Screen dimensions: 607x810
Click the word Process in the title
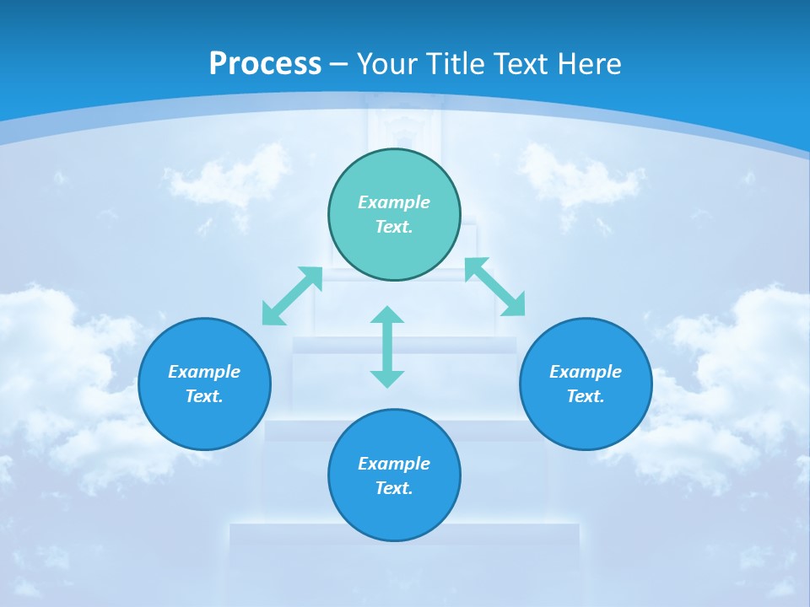[265, 64]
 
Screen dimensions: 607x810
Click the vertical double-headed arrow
[387, 346]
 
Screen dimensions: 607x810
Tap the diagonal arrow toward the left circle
[292, 296]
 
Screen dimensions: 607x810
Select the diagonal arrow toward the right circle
[495, 287]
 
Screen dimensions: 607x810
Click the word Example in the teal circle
[394, 202]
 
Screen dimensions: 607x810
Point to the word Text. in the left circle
[204, 396]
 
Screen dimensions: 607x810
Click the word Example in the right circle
[586, 372]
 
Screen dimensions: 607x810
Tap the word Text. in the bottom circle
[394, 488]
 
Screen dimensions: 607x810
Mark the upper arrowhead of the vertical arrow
[387, 315]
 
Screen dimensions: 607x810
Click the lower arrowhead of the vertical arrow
[387, 379]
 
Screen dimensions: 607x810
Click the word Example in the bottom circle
[394, 464]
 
